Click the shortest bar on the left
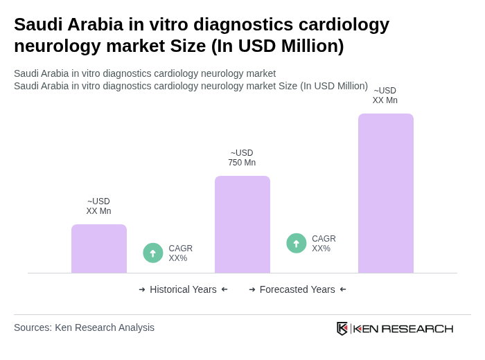(x=99, y=249)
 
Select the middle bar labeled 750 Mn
(x=242, y=224)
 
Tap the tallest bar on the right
(x=386, y=193)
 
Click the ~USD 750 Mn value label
(x=242, y=158)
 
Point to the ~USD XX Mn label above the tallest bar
(x=385, y=96)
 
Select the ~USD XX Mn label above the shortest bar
(x=98, y=206)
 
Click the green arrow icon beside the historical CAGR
(x=153, y=253)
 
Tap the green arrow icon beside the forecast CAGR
(x=297, y=244)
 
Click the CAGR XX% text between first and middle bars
(x=180, y=253)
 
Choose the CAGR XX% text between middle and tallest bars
(x=324, y=244)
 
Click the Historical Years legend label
(x=183, y=289)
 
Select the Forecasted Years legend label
(x=297, y=289)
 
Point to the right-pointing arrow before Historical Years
(x=142, y=289)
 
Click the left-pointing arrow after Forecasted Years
(x=343, y=289)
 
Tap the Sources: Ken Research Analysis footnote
(x=84, y=327)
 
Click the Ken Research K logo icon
(x=342, y=328)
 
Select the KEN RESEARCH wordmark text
(x=403, y=328)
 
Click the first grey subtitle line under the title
(x=145, y=73)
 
